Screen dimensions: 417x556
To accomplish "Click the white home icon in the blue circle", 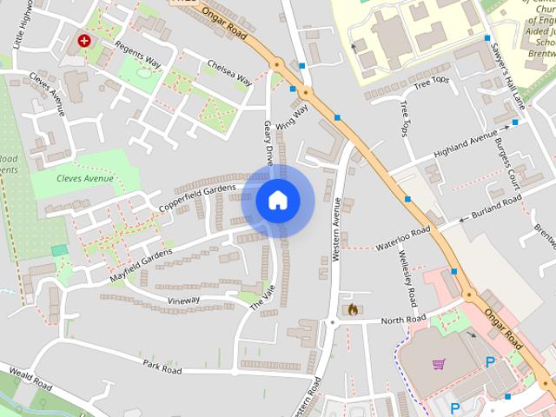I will tap(278, 201).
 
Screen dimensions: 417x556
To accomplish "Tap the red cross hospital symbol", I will tap(84, 40).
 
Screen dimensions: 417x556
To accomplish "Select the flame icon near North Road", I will tap(353, 308).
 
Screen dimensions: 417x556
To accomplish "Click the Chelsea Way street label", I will tap(229, 73).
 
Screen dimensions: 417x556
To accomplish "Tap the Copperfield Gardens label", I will tap(197, 197).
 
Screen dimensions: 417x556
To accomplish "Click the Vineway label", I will tap(183, 300).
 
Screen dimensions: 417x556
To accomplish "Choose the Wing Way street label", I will tap(292, 117).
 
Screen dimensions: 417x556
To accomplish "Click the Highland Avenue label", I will tap(466, 142).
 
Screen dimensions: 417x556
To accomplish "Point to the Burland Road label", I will tap(496, 207).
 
